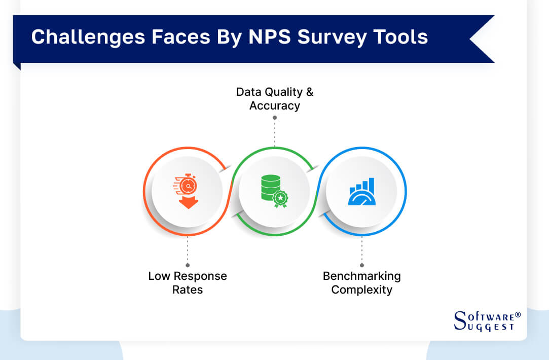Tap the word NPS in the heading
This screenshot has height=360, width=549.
275,37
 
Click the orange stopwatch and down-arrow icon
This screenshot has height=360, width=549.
188,192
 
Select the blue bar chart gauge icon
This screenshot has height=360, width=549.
362,192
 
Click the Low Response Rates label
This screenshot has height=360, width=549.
188,283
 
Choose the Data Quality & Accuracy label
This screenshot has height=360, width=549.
275,99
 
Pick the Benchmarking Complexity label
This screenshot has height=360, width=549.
362,283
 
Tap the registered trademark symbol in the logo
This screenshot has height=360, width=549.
518,315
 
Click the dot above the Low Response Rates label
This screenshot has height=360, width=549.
188,265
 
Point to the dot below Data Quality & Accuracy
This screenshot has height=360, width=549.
275,118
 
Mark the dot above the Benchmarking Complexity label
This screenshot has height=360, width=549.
362,265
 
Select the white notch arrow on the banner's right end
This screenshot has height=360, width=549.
479,39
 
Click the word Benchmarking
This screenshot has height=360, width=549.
362,276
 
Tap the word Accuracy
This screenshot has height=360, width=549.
275,105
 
